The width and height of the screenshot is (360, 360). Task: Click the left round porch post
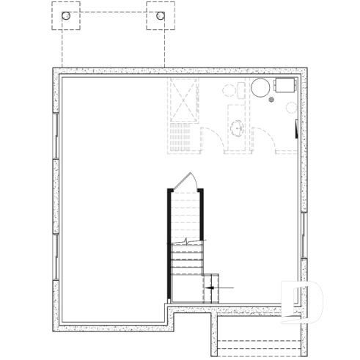point(66,15)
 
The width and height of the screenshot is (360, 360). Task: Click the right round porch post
point(160,15)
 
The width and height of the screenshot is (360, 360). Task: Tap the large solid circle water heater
point(261,89)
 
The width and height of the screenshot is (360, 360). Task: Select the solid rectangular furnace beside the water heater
point(284,85)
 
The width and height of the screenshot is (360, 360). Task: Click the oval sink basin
point(238,129)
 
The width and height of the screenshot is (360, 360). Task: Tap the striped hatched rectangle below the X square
point(183,138)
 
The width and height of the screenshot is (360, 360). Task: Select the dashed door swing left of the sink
point(213,139)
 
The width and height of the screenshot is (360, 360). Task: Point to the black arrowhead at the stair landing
point(211,288)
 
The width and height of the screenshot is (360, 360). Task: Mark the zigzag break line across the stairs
point(188,242)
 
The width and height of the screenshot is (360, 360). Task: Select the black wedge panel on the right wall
point(296,129)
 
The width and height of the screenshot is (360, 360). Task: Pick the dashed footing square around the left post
point(66,15)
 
